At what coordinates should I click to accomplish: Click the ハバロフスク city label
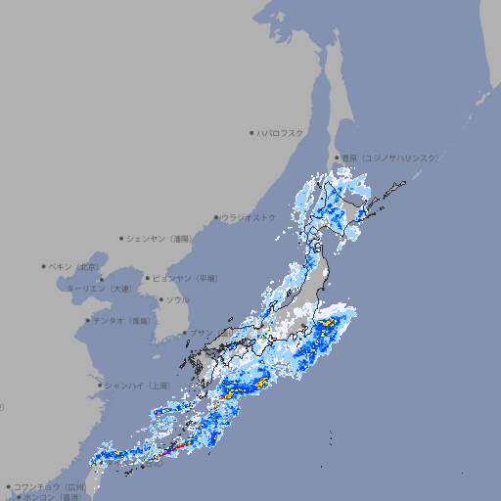click(281, 132)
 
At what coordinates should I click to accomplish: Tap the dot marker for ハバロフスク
click(252, 132)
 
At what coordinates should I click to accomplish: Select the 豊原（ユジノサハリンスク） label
click(390, 158)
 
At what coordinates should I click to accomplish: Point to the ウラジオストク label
click(249, 217)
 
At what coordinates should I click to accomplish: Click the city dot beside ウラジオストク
click(217, 217)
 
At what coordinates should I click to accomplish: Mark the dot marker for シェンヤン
click(122, 238)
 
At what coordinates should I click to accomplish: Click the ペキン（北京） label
click(74, 266)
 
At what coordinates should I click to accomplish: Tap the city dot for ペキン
click(44, 266)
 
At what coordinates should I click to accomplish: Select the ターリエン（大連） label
click(98, 289)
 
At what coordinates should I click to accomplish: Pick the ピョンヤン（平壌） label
click(186, 278)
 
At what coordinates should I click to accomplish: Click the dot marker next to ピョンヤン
click(149, 278)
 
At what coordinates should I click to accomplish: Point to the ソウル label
click(177, 299)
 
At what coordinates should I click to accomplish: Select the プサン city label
click(201, 333)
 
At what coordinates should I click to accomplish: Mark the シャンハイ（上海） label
click(138, 386)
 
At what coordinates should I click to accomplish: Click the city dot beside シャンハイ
click(101, 386)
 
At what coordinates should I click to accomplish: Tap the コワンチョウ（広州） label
click(49, 486)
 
